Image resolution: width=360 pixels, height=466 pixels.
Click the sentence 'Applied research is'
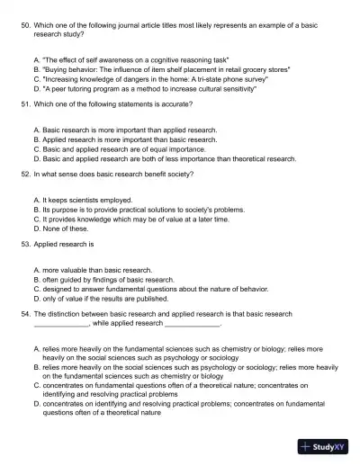(64, 243)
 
